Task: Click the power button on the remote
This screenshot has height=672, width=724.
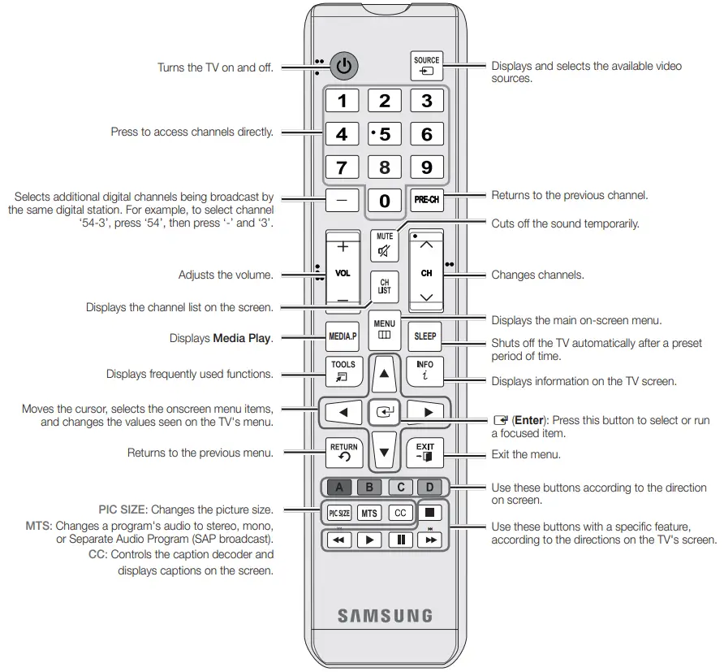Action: point(345,66)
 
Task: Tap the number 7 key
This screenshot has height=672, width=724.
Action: point(343,168)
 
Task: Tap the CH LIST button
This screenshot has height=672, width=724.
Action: point(384,287)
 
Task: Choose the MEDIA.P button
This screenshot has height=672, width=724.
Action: point(343,336)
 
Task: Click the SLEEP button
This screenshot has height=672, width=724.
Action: point(425,336)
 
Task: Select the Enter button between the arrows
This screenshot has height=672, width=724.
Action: point(384,412)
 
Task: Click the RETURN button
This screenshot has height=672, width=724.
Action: point(343,452)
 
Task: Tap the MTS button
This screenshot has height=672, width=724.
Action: point(369,514)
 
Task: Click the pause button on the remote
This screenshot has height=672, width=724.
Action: point(400,540)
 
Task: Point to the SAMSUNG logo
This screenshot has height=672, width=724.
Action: point(385,615)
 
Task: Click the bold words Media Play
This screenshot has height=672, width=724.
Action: point(242,338)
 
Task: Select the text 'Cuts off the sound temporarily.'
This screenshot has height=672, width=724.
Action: point(565,223)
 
